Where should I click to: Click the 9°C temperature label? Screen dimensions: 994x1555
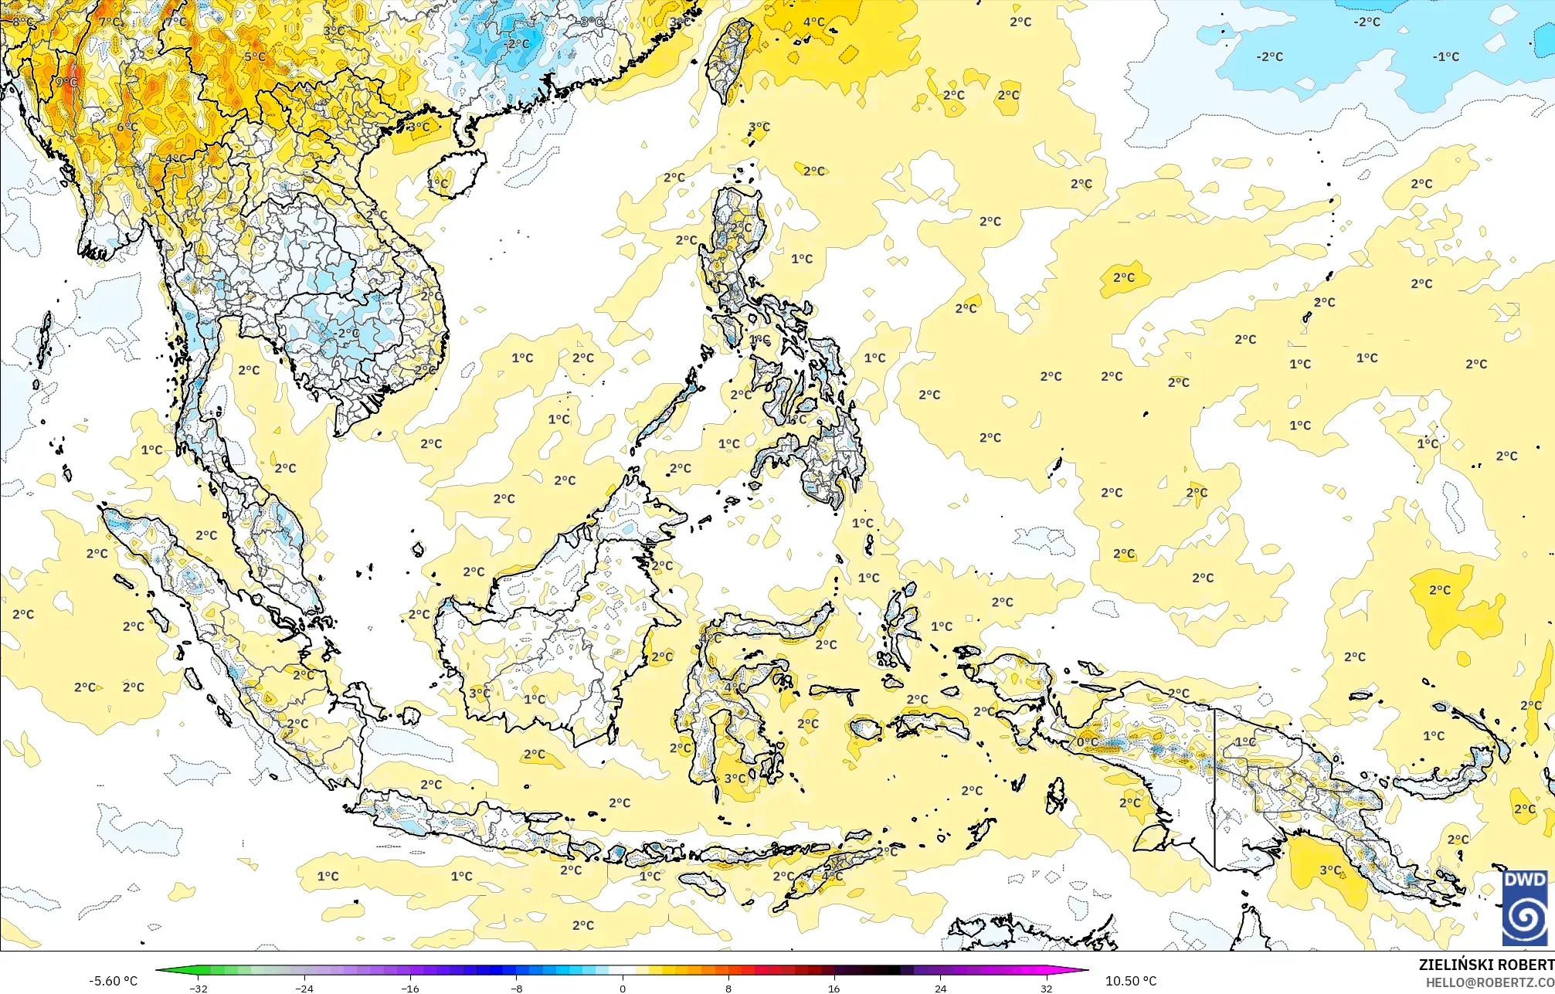tap(66, 82)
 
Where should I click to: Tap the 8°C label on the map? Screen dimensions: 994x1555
tap(22, 22)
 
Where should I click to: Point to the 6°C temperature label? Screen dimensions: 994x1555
tap(127, 127)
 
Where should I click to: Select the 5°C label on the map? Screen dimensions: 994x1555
tap(255, 56)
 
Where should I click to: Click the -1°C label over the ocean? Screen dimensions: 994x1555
tap(1446, 56)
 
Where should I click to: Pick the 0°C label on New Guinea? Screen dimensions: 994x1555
tap(1087, 742)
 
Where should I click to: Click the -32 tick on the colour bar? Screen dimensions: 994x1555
tap(199, 988)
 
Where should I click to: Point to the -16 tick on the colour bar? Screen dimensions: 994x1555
tap(410, 988)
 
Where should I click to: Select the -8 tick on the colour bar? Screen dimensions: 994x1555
tap(517, 988)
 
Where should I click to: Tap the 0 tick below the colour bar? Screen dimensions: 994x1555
tap(623, 988)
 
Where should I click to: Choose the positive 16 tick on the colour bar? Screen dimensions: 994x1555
tap(834, 988)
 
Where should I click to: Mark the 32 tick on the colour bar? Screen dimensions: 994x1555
tap(1046, 988)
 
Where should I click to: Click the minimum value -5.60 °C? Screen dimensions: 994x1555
tap(113, 981)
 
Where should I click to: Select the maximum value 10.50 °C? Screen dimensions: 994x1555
tap(1131, 981)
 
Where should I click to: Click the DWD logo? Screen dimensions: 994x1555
tap(1525, 907)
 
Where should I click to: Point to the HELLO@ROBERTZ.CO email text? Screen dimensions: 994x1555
tap(1489, 982)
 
